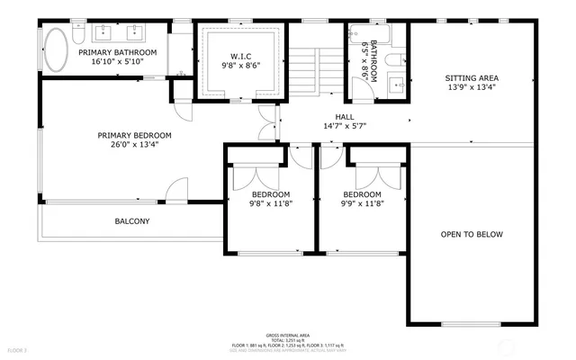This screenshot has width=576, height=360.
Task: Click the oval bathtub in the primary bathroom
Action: pos(56,51)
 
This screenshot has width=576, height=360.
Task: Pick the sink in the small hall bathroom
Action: pos(397,86)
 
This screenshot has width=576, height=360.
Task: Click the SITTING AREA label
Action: pos(472,78)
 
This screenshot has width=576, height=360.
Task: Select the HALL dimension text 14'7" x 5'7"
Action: pos(345,127)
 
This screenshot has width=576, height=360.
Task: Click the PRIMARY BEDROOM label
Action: pos(134,136)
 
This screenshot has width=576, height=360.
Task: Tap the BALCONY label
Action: pos(131,220)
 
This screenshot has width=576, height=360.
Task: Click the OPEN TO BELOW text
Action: pos(472,234)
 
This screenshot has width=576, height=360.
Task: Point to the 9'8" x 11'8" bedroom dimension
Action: pos(270,203)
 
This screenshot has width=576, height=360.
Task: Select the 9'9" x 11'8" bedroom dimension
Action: pos(362,203)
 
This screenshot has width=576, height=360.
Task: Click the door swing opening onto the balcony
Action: pos(175,190)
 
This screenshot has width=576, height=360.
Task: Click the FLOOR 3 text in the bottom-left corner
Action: pos(18,349)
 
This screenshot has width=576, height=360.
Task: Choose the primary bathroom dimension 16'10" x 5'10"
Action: pos(117,64)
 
